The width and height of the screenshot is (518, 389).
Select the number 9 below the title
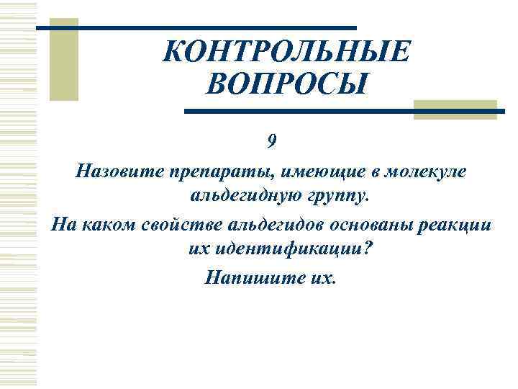click(271, 141)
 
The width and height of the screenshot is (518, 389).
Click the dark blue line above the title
click(209, 27)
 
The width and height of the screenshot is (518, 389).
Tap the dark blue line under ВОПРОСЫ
click(345, 112)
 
